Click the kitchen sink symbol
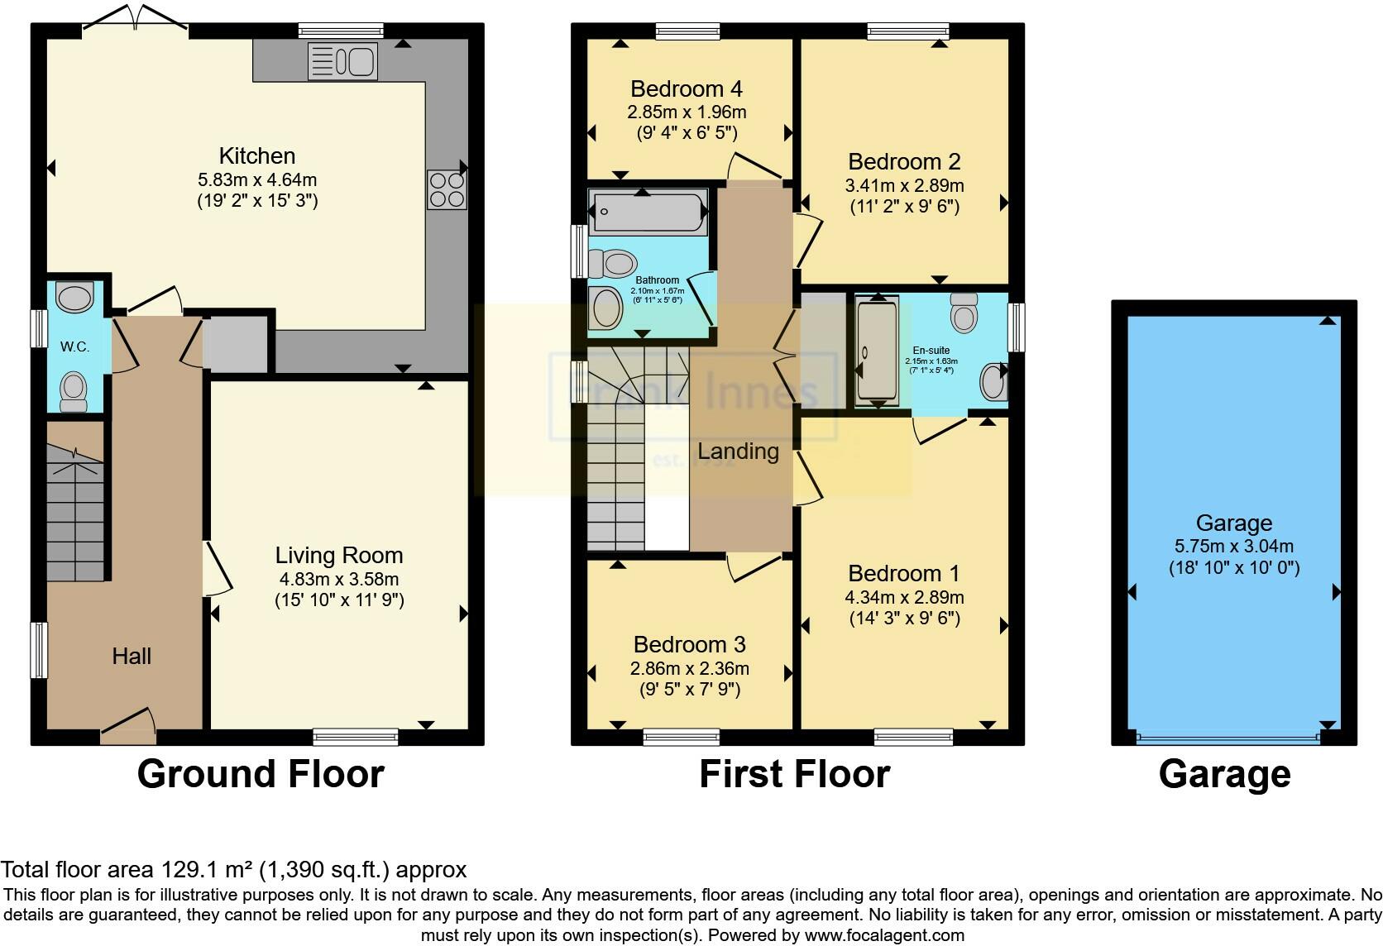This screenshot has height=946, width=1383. click(342, 61)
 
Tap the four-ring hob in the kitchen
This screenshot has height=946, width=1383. click(446, 189)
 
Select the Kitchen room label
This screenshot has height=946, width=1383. click(256, 155)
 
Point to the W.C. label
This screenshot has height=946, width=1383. click(74, 346)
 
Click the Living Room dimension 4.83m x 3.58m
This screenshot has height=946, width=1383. click(339, 579)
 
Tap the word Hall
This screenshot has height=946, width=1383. click(132, 656)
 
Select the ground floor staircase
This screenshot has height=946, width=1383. click(75, 513)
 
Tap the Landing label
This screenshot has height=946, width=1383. click(738, 451)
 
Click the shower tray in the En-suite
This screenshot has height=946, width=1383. click(877, 352)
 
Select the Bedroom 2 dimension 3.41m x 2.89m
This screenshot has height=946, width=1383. click(904, 184)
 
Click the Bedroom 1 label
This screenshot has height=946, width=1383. click(904, 573)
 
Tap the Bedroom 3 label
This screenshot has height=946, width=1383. click(689, 644)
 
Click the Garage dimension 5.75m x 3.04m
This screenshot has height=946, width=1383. click(1233, 546)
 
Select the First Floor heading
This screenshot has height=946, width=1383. click(794, 774)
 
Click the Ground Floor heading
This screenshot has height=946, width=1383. click(261, 774)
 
